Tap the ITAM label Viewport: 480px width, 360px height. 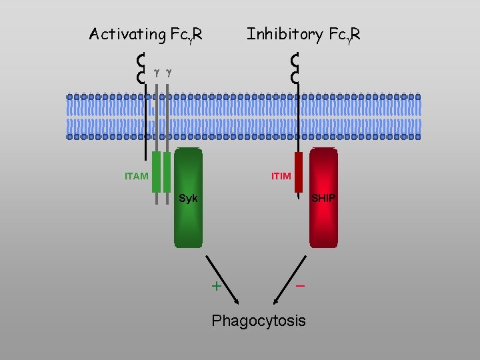click(136, 177)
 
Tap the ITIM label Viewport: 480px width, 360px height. click(281, 177)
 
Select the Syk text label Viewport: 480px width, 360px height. click(188, 199)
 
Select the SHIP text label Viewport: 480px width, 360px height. click(324, 199)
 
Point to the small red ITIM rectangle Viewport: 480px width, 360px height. click(299, 172)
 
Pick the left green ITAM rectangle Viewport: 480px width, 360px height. click(156, 172)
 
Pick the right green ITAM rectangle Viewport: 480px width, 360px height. click(167, 172)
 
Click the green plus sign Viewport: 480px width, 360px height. click(216, 287)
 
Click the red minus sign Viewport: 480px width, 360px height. click(301, 285)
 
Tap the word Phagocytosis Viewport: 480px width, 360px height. click(259, 321)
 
